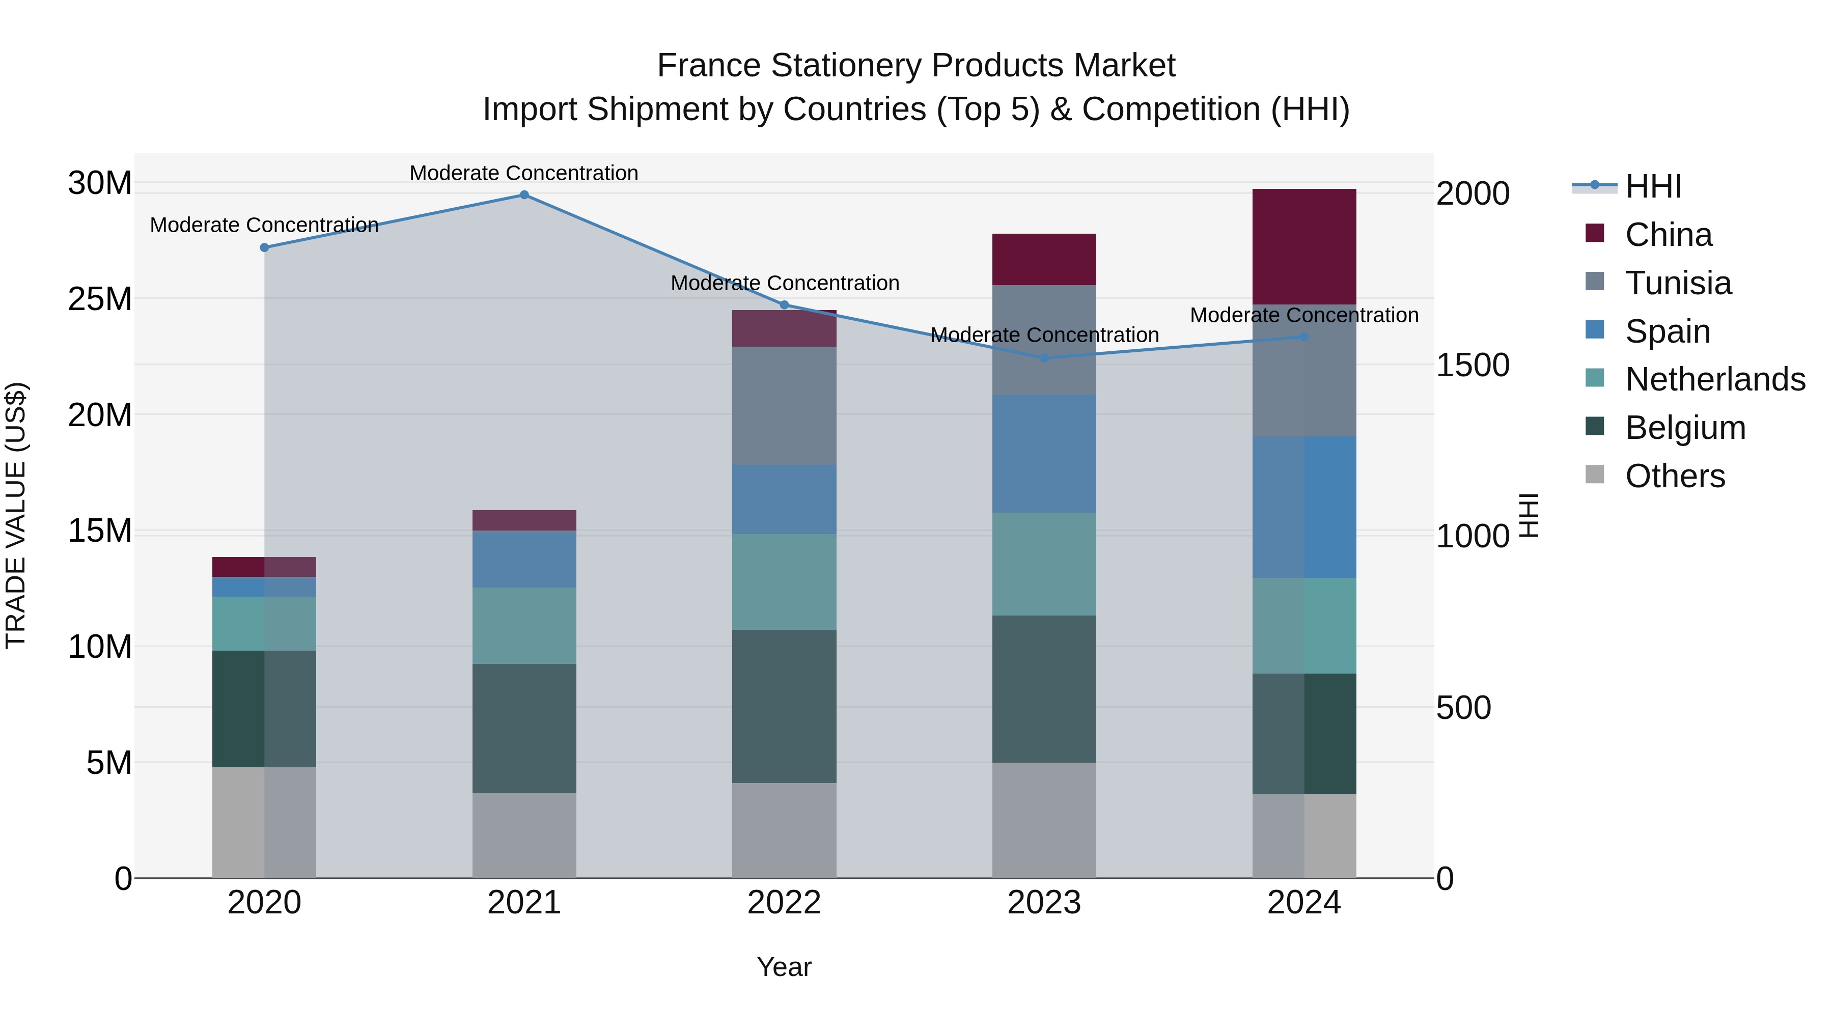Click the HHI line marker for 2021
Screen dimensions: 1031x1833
point(524,195)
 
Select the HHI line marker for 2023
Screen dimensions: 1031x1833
point(1044,358)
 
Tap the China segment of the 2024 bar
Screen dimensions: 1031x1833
point(1303,247)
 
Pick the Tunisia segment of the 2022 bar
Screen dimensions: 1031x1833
point(784,406)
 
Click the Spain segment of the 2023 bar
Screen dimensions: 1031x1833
point(1044,454)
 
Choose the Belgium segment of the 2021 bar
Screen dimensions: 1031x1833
point(524,728)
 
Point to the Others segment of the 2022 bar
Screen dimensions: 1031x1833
point(784,830)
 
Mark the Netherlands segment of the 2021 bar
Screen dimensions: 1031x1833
point(524,625)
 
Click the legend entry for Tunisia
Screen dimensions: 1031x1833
point(1678,283)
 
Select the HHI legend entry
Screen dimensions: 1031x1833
point(1653,186)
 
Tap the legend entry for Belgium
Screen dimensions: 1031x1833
point(1685,428)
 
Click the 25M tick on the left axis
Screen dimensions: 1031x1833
point(100,299)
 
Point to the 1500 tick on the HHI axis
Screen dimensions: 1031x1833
point(1472,365)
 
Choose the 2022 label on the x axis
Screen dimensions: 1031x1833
point(784,903)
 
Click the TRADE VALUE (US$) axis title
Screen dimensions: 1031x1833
point(16,515)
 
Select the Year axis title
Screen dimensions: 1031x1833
point(784,967)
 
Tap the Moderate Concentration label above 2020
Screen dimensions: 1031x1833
point(264,225)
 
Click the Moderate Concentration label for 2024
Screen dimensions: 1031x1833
point(1303,315)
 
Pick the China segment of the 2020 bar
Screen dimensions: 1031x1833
point(264,567)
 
